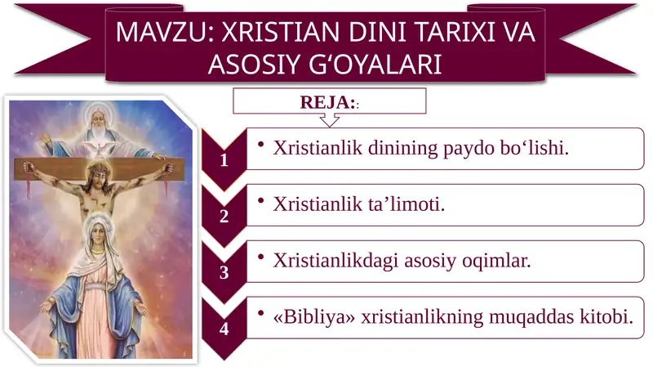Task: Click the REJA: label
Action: pyautogui.click(x=329, y=103)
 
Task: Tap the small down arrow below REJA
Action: pyautogui.click(x=328, y=120)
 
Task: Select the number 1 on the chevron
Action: pyautogui.click(x=224, y=161)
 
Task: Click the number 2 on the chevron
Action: pyautogui.click(x=224, y=217)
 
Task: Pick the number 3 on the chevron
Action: pyautogui.click(x=224, y=273)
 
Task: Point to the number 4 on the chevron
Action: pyautogui.click(x=224, y=329)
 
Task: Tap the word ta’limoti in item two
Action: pyautogui.click(x=406, y=204)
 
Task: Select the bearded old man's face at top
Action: pyautogui.click(x=98, y=116)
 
